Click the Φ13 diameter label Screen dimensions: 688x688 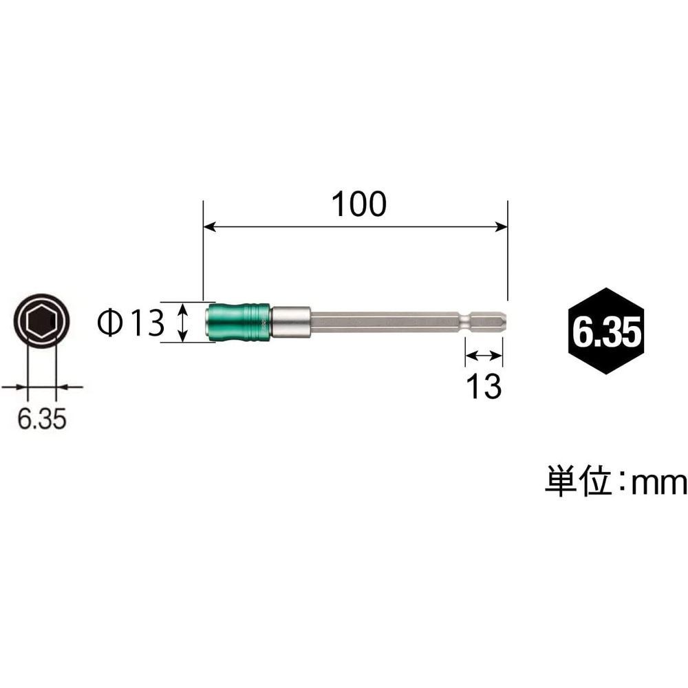pyautogui.click(x=131, y=321)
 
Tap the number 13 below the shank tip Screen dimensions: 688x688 pyautogui.click(x=484, y=388)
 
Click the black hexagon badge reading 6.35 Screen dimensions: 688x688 pyautogui.click(x=605, y=331)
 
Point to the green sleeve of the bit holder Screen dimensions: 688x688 pyautogui.click(x=238, y=321)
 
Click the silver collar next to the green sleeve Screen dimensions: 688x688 pyautogui.click(x=290, y=321)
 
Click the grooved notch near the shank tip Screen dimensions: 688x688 pyautogui.click(x=467, y=321)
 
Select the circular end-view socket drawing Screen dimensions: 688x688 pyautogui.click(x=41, y=321)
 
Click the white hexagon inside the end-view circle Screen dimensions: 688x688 pyautogui.click(x=41, y=321)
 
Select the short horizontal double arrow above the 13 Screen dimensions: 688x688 pyautogui.click(x=484, y=355)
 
